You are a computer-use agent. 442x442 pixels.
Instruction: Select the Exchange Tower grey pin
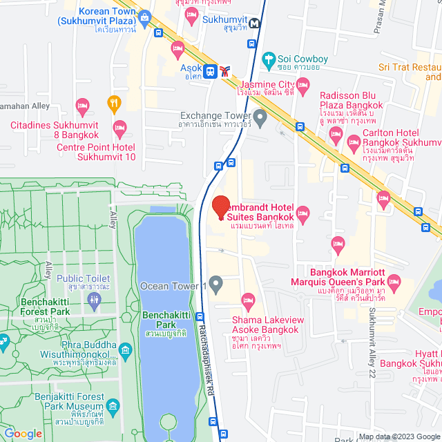260,119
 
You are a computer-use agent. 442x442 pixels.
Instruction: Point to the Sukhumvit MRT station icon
256,23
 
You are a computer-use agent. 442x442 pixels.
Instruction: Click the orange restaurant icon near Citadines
115,104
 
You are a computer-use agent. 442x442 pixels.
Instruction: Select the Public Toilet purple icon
95,299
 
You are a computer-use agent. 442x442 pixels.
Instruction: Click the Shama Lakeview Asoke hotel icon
247,300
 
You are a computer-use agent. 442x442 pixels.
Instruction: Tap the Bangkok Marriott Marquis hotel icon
394,281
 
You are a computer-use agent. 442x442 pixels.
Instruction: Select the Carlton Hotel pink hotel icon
353,146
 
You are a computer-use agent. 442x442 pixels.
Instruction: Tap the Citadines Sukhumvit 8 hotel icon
82,107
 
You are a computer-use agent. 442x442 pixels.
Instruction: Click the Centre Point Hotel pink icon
120,127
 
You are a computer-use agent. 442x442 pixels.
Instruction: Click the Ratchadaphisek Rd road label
205,355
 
